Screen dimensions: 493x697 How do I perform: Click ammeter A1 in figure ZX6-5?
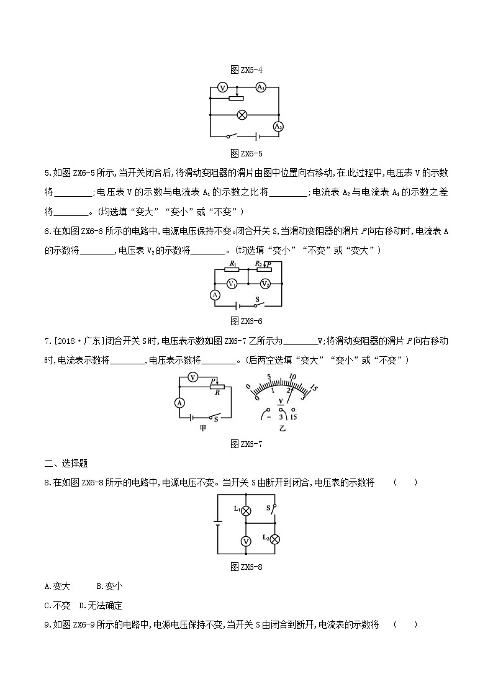[261, 88]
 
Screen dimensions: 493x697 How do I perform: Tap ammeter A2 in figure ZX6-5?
[278, 126]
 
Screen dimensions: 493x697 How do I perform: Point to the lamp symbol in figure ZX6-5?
[244, 115]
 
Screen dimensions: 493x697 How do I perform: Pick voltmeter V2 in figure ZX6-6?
[265, 284]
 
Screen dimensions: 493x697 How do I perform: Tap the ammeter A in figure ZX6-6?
[214, 295]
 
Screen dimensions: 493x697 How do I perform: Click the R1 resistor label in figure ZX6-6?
[232, 263]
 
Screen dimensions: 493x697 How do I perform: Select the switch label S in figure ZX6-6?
[256, 299]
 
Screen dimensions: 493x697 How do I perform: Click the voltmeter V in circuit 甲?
[193, 377]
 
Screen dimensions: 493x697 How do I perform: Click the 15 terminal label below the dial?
[294, 417]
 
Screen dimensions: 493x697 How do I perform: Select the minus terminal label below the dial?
[269, 417]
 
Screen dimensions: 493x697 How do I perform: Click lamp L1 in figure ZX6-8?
[245, 510]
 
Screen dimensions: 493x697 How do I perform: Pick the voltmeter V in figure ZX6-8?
[246, 541]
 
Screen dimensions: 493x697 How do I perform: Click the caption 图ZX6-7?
[246, 443]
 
